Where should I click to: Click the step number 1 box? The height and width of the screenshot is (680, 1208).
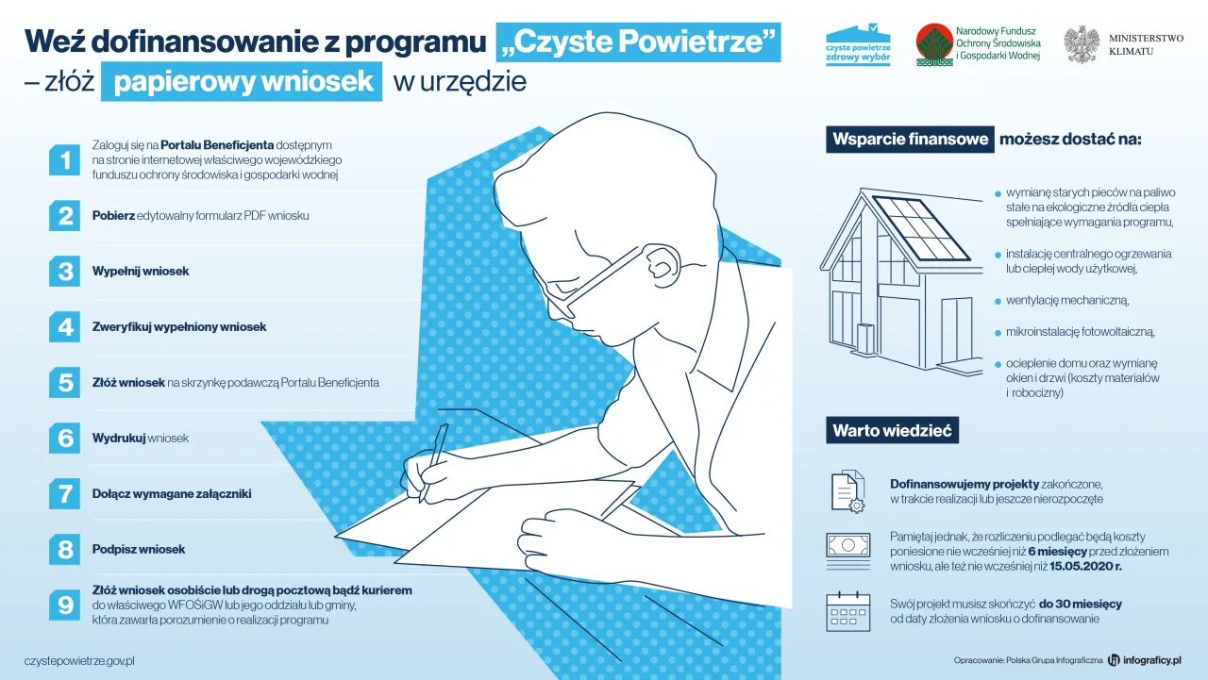[65, 160]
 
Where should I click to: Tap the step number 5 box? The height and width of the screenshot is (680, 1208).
[65, 383]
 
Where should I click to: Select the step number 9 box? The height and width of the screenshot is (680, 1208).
[65, 605]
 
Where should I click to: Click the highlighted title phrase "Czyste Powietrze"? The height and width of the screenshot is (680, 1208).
[639, 41]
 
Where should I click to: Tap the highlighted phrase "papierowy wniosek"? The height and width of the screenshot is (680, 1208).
[243, 82]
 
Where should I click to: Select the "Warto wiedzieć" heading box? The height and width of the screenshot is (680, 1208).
[892, 431]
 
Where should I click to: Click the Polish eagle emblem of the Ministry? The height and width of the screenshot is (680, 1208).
[1082, 44]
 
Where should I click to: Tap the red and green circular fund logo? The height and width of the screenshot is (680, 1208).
[933, 44]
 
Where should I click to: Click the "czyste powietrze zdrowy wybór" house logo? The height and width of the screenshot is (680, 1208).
[858, 44]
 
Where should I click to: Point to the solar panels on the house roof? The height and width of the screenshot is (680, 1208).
[919, 227]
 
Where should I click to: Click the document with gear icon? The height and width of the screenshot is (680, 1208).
[847, 491]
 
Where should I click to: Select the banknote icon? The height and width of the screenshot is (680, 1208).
[847, 546]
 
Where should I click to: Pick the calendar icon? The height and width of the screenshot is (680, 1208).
[847, 611]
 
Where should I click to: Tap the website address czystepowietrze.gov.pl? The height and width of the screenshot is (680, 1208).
[80, 661]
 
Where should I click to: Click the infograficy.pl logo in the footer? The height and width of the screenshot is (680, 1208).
[1145, 660]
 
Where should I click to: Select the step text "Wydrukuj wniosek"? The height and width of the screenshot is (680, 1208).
[141, 439]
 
